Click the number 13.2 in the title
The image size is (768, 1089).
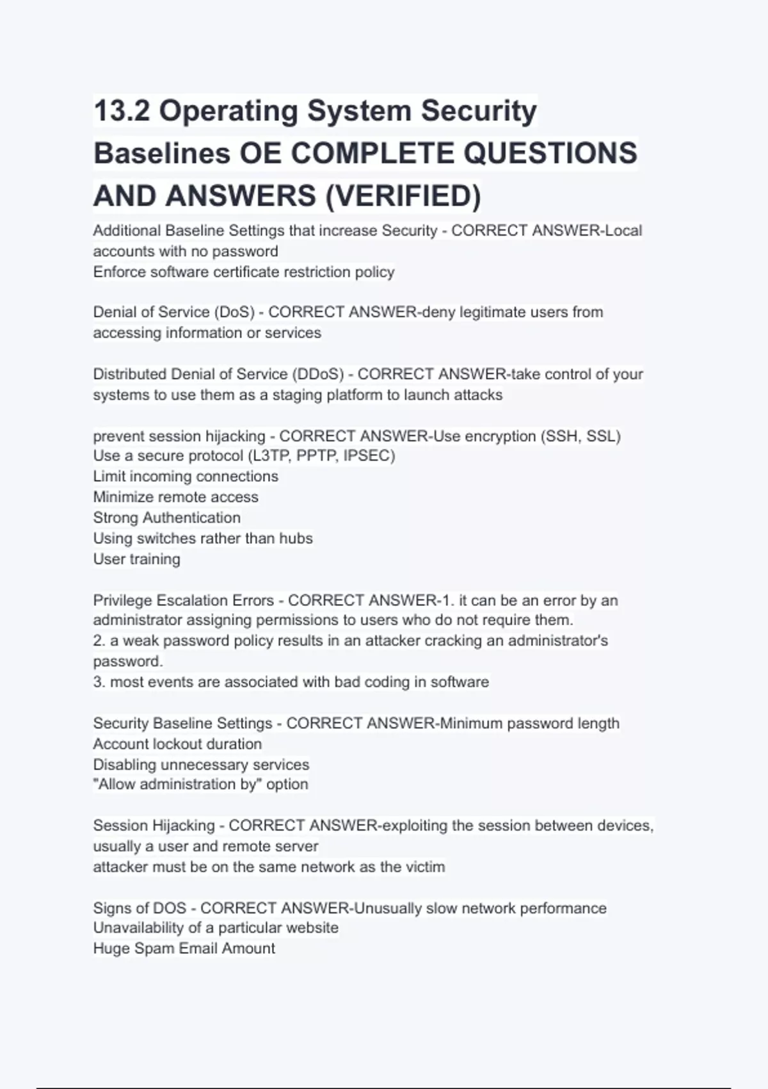coord(122,111)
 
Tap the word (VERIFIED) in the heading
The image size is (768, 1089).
coord(403,196)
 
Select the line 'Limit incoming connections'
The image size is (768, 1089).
coord(186,477)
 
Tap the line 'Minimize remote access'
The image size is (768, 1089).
coord(176,497)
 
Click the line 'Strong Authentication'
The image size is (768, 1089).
coord(167,518)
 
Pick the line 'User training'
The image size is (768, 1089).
coord(137,559)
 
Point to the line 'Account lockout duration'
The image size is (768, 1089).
coord(177,744)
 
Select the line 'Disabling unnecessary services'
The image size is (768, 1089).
coord(201,765)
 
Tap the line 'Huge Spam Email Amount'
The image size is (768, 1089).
coord(184,949)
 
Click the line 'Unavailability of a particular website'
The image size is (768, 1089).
coord(216,928)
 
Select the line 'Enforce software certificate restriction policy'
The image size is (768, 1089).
coord(244,272)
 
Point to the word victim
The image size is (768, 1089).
coord(425,867)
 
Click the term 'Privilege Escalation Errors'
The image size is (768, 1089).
coord(184,601)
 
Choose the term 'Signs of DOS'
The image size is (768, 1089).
coord(140,908)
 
